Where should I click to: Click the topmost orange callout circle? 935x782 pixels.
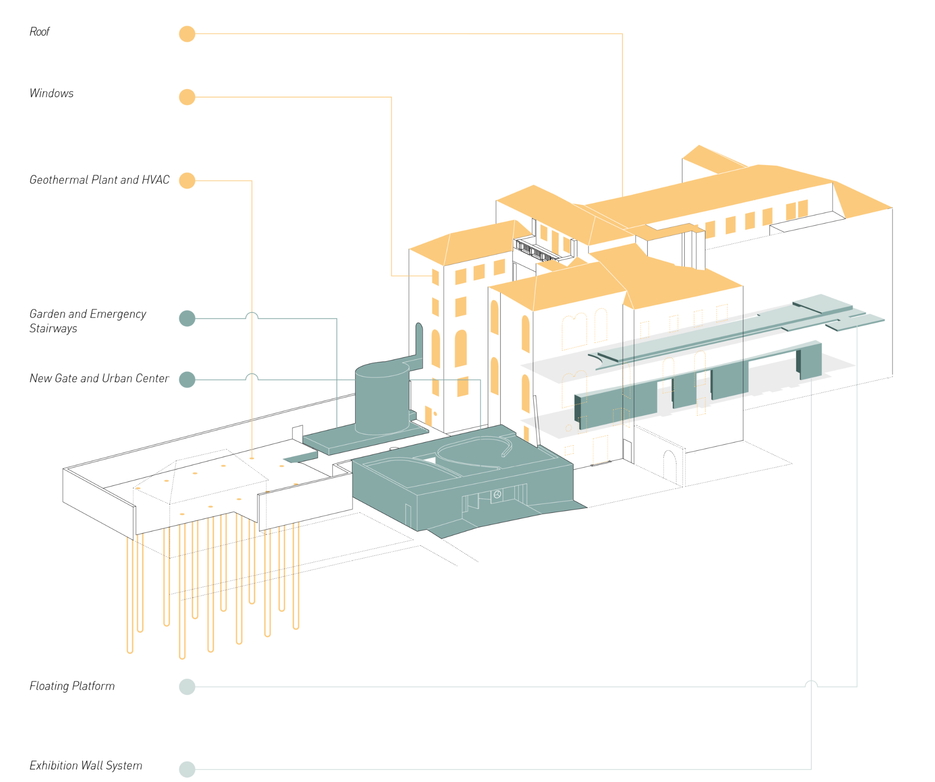187,34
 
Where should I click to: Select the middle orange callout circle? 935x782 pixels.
187,97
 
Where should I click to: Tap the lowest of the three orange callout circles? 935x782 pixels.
187,181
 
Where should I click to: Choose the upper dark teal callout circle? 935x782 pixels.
187,318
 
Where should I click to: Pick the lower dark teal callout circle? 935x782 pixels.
187,380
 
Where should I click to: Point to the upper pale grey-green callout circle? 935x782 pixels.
187,686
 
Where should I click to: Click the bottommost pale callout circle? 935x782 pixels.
187,769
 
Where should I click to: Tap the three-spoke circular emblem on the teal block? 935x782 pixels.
497,494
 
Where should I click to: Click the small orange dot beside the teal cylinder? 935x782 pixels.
435,414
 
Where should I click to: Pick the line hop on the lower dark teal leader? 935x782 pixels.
252,377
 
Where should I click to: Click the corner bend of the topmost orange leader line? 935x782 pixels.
623,34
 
